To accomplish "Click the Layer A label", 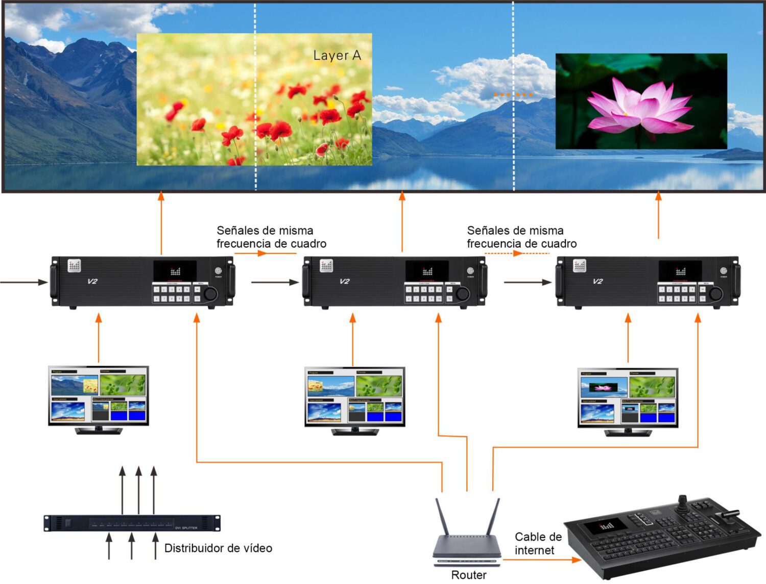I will pos(337,55).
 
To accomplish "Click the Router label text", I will pos(468,575).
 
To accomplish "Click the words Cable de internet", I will pos(537,544).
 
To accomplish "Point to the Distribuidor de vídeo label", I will pos(218,548).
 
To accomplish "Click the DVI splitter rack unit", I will pos(132,523).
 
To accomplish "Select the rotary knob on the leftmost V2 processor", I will pos(210,293).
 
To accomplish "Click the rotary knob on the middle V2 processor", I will pos(462,293).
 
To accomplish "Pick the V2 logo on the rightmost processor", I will pos(597,281).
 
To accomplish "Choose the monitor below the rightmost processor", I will pos(628,399).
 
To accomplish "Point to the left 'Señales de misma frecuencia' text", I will pos(271,237).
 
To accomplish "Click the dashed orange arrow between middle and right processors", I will pos(516,253).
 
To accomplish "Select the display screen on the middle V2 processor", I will pos(427,270).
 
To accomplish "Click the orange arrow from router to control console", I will pos(541,560).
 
